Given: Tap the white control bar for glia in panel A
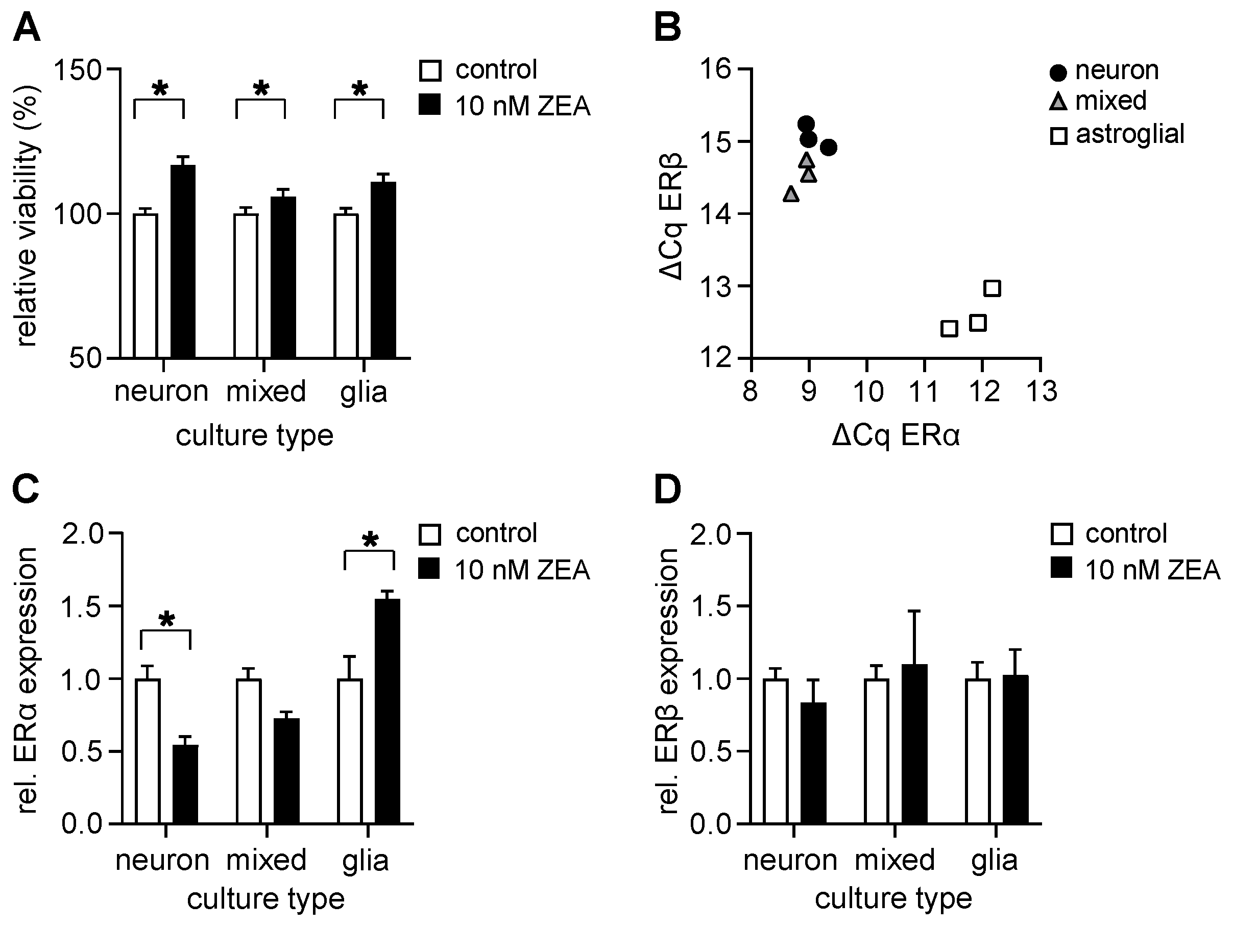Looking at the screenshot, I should point(346,285).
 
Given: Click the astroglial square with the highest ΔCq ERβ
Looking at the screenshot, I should point(992,288).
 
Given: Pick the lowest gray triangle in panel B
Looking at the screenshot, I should point(790,194).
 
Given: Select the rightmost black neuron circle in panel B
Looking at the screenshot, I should point(828,147).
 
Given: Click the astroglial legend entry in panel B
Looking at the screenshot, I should point(1118,134).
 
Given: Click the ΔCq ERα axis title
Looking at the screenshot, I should point(896,435).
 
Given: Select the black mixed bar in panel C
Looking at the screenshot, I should point(286,770).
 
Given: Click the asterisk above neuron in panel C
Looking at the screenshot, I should point(166,619).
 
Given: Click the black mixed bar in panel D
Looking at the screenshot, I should point(914,744).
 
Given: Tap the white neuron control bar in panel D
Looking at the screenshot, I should point(776,751).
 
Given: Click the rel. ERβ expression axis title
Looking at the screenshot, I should point(668,681).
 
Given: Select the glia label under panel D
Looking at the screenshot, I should point(994,860).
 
